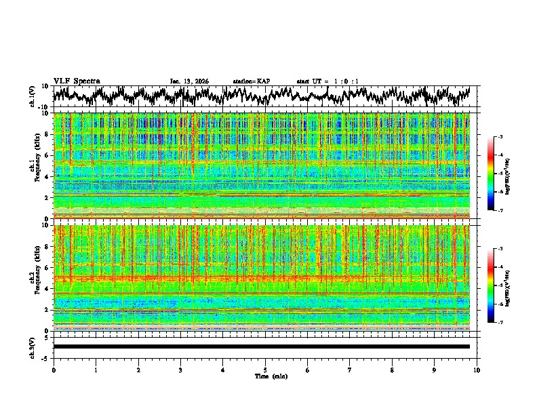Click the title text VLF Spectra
click(x=77, y=81)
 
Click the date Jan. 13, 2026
click(x=189, y=81)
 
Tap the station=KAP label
click(x=251, y=81)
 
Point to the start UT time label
click(x=327, y=81)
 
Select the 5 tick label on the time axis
click(x=265, y=370)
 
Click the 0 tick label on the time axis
click(x=54, y=370)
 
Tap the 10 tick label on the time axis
click(x=477, y=370)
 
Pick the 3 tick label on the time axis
click(x=180, y=370)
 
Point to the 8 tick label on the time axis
click(x=392, y=370)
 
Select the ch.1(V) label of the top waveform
click(x=33, y=96)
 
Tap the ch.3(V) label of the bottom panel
click(x=33, y=347)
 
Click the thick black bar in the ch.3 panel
click(x=262, y=347)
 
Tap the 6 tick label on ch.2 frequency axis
click(x=47, y=267)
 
